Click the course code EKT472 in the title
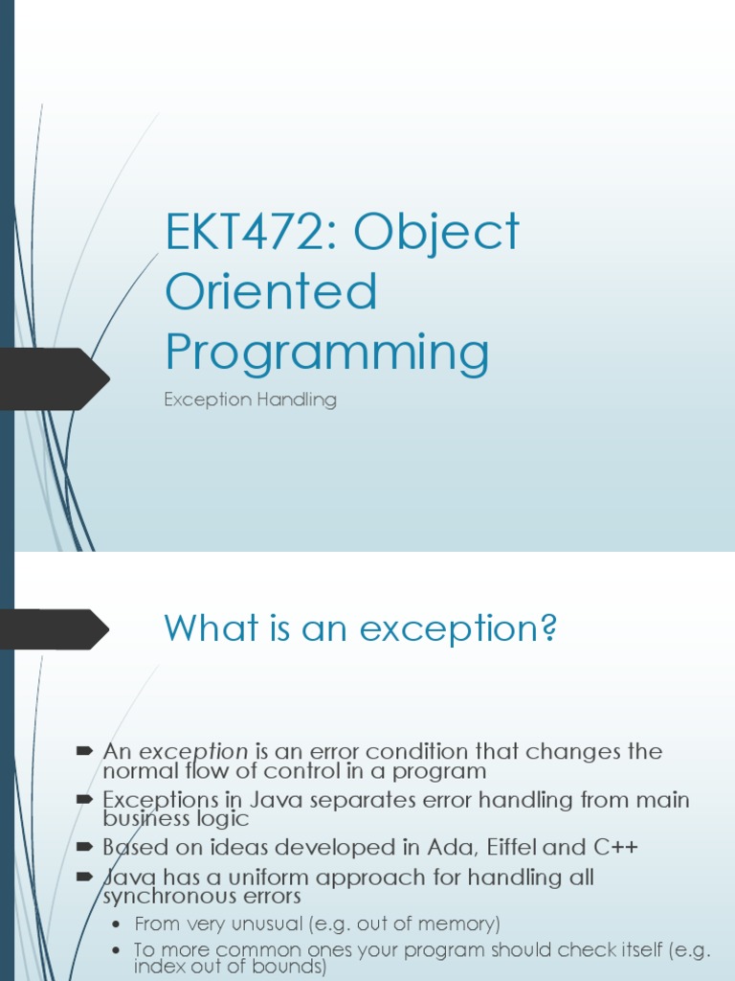[x=238, y=233]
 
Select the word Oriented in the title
[x=271, y=292]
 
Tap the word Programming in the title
[x=326, y=353]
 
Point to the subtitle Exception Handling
[x=250, y=399]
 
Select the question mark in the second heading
[x=548, y=629]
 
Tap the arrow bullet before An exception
[x=84, y=751]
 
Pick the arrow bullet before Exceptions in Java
[x=84, y=799]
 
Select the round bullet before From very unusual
[x=117, y=924]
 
